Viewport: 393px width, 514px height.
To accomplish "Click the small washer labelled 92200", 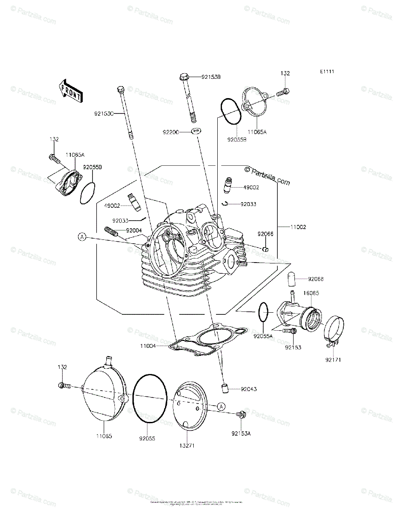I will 197,131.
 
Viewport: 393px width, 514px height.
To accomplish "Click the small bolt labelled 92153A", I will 242,414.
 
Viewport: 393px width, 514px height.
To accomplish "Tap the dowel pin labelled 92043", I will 224,388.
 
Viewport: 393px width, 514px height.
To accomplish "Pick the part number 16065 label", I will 310,293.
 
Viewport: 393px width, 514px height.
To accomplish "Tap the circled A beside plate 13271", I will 221,406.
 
